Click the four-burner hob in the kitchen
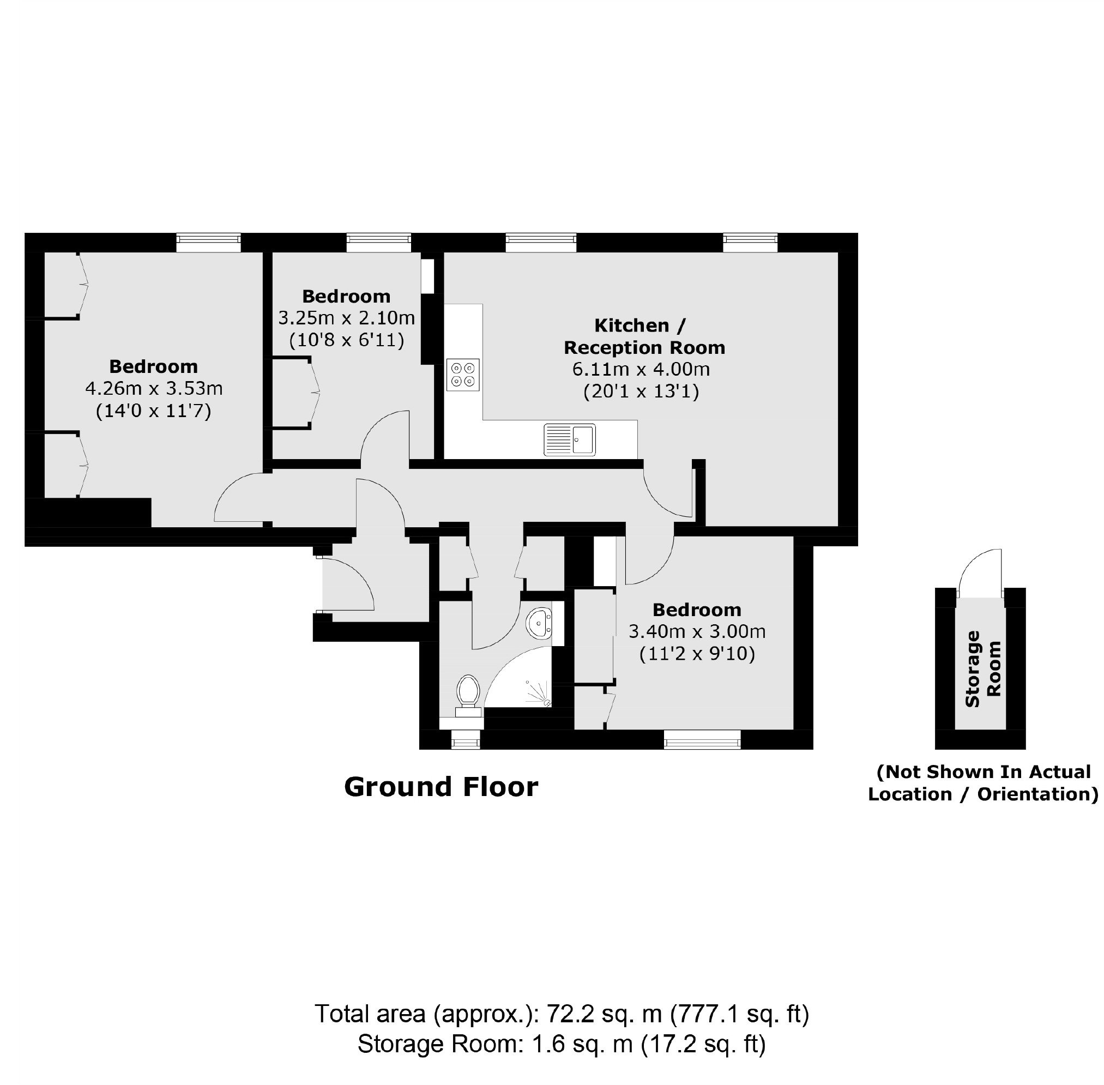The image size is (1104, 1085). tap(463, 375)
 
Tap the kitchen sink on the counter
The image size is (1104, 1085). tap(569, 439)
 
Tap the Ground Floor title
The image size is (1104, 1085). tap(441, 787)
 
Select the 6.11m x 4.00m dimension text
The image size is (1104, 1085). tap(641, 369)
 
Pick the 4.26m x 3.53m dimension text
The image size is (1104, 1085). tap(154, 389)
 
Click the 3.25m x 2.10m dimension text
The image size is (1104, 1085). tap(347, 317)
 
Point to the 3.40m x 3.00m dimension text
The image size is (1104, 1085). tap(697, 631)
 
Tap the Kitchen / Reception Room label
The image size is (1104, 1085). tap(644, 336)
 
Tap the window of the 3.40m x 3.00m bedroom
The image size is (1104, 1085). tap(702, 740)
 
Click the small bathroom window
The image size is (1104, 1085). tap(466, 740)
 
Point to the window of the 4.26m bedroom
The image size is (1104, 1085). tap(208, 242)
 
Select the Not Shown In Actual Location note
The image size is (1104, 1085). tap(982, 783)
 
